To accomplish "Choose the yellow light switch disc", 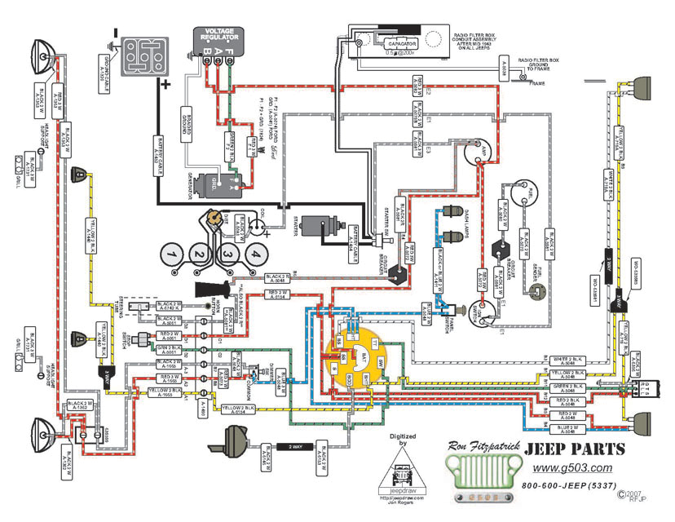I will [x=353, y=365].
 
